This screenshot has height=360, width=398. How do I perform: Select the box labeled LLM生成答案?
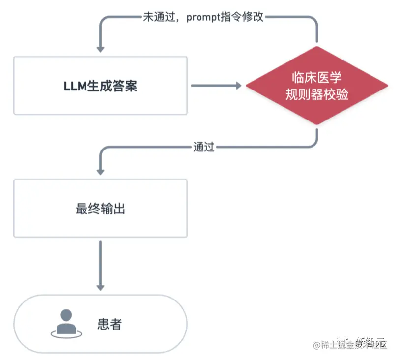[100, 86]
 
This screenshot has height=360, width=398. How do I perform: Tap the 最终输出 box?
[100, 208]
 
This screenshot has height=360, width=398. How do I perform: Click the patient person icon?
[64, 323]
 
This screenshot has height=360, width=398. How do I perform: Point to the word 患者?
[110, 324]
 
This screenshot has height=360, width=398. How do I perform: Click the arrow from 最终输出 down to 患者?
[100, 266]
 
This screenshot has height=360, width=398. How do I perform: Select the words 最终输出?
[100, 208]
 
